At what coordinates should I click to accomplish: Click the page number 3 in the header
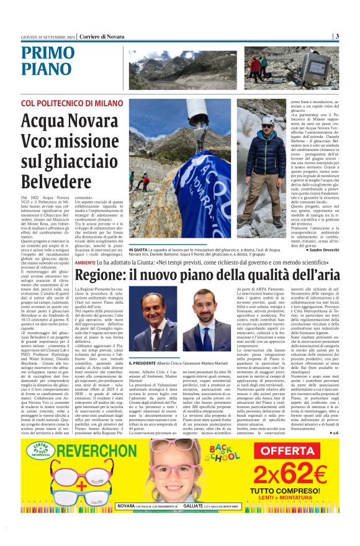[337, 37]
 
